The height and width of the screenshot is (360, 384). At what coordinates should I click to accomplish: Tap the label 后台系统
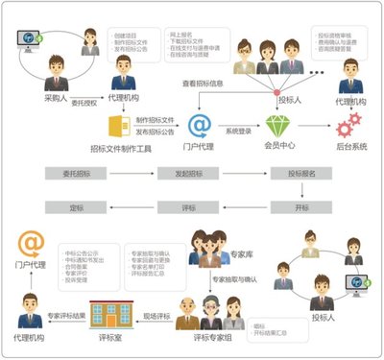pos(348,149)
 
